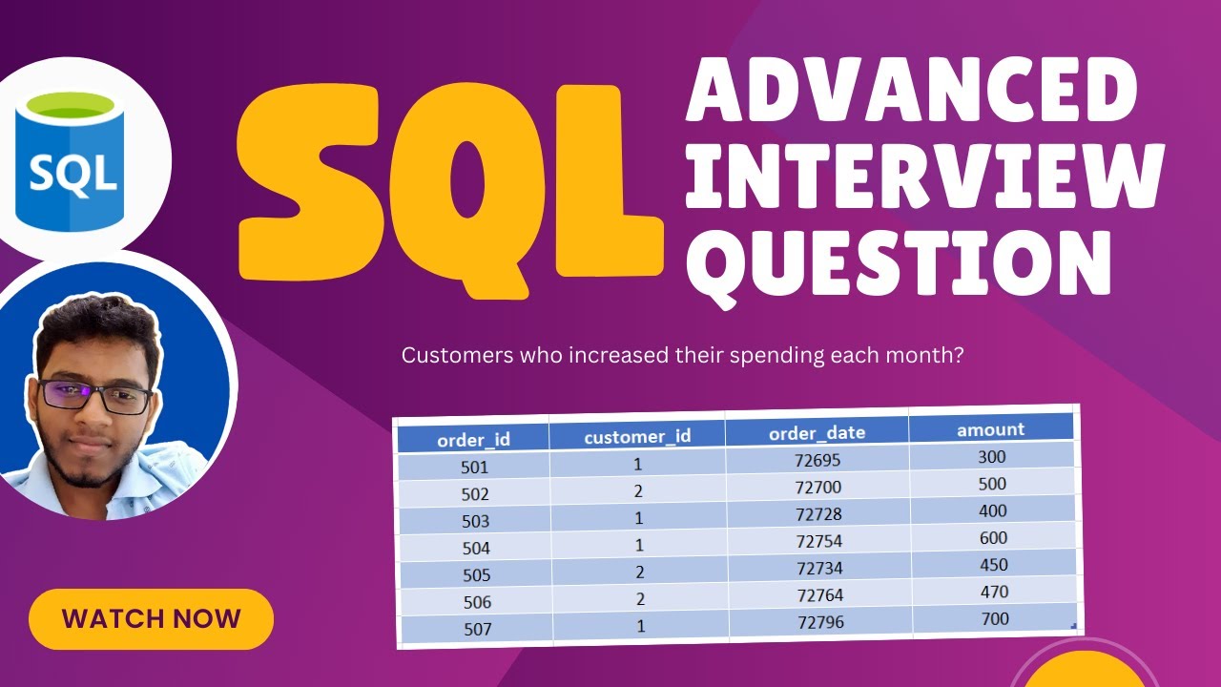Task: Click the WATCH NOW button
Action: point(151,618)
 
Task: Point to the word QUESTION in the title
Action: point(898,259)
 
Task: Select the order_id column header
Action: point(473,440)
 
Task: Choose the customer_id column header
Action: point(637,437)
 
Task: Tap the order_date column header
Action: point(817,433)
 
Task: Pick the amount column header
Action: point(990,429)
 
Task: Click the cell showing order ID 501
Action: point(474,468)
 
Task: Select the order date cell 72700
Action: point(817,488)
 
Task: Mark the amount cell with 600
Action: point(992,538)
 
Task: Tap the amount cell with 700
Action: point(995,619)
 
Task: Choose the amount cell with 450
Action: point(993,565)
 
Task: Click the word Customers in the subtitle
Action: point(448,356)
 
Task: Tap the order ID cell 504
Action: point(475,548)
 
